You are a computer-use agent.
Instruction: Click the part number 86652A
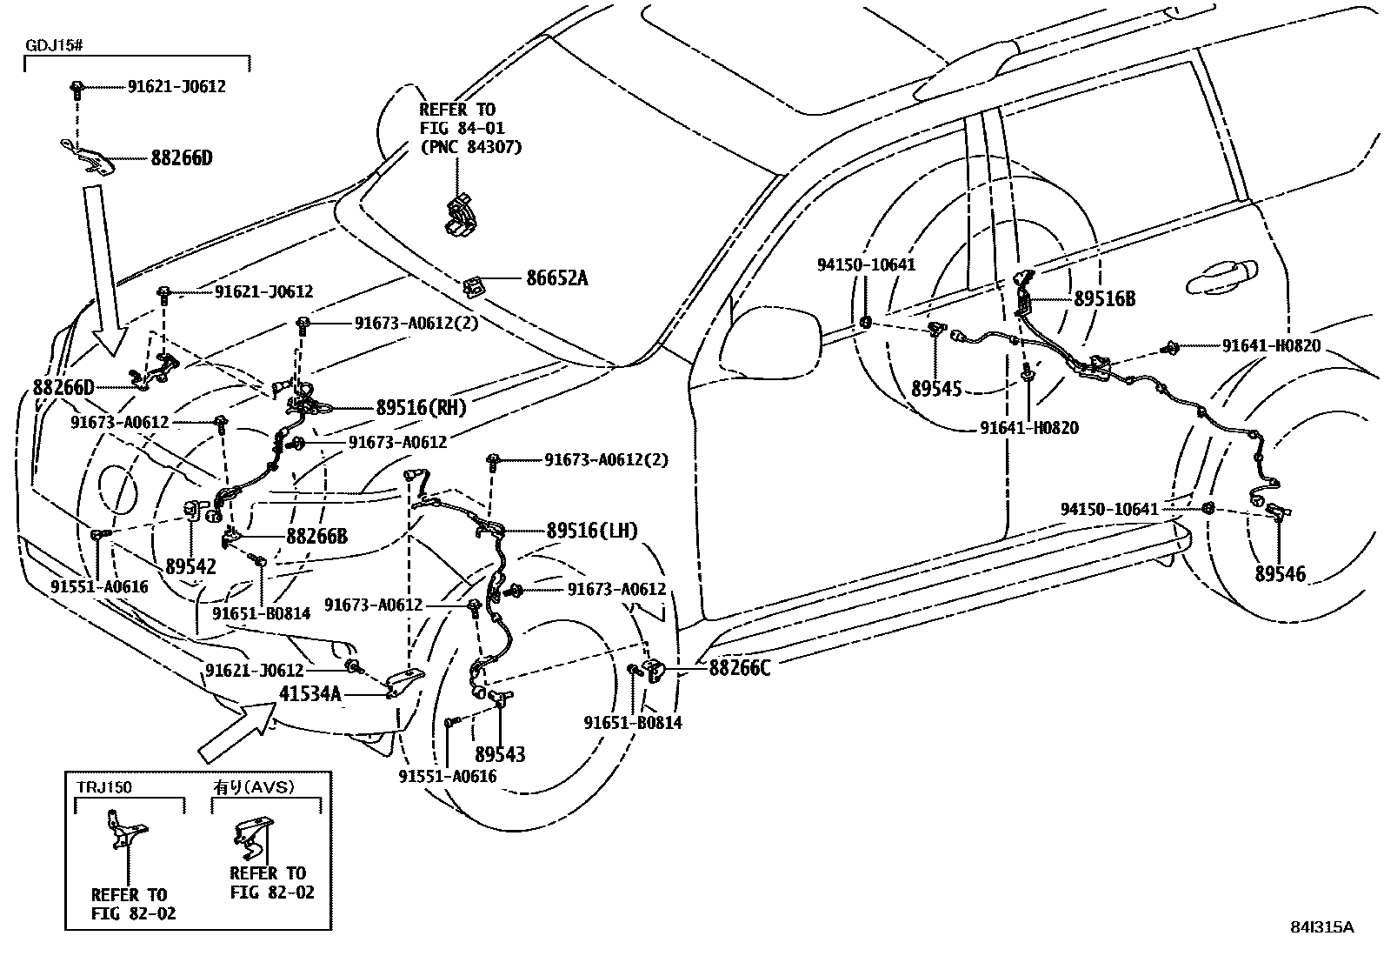click(556, 278)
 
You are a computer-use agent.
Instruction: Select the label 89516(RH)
click(421, 407)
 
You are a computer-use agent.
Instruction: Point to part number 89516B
click(1104, 298)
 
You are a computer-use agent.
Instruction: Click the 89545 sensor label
click(936, 388)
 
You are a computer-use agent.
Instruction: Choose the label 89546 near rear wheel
click(1280, 573)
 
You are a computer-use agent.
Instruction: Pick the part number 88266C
click(740, 667)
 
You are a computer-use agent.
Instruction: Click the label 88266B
click(316, 537)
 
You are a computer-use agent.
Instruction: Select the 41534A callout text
click(310, 693)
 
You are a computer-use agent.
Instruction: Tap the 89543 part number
click(500, 754)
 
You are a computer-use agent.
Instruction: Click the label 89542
click(190, 566)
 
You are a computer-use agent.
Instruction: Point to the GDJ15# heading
click(52, 44)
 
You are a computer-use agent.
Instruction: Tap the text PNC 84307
click(470, 147)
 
